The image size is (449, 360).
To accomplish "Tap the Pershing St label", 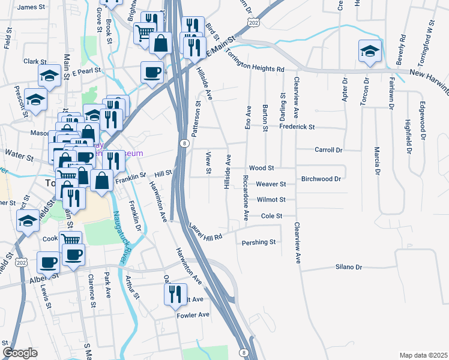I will point(258,242).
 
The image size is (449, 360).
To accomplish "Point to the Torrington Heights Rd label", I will point(255,60).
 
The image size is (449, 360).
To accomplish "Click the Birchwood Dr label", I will point(321,179).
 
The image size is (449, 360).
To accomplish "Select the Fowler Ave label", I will point(193,314).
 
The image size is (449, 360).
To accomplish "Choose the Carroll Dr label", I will point(328,150).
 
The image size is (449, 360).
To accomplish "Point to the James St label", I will point(31,7).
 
